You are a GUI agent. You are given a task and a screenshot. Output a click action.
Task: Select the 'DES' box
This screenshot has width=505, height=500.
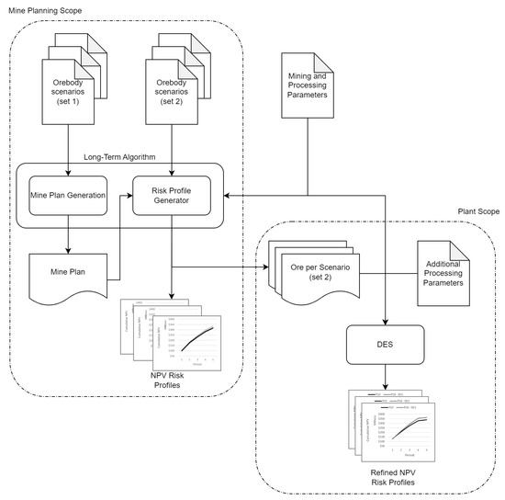[x=385, y=345]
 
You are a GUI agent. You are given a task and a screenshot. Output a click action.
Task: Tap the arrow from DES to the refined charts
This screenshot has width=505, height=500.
[x=385, y=378]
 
